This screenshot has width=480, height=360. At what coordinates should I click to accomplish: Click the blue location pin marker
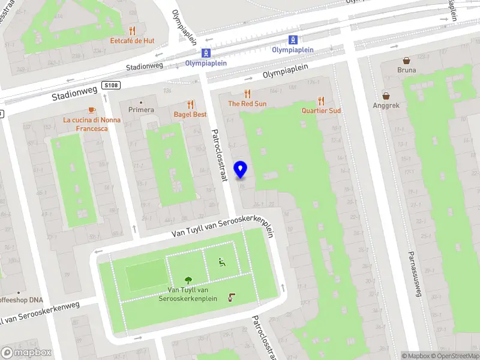tap(241, 170)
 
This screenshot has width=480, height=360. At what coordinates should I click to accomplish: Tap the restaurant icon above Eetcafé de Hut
tap(133, 31)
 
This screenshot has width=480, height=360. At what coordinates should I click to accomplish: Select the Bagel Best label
tap(190, 114)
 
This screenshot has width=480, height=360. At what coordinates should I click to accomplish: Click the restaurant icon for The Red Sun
tap(247, 94)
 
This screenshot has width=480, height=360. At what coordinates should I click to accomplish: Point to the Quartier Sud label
tap(321, 110)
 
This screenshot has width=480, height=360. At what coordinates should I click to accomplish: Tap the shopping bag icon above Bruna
tap(406, 60)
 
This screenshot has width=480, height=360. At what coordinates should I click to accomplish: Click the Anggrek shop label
tap(385, 105)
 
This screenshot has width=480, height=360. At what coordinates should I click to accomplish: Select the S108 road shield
tap(111, 85)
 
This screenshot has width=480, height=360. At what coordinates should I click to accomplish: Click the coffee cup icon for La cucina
tap(91, 110)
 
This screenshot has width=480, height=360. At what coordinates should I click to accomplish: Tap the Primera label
tap(141, 110)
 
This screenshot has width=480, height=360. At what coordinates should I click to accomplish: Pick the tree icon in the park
tap(188, 280)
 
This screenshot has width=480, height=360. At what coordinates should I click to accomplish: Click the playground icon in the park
tap(221, 262)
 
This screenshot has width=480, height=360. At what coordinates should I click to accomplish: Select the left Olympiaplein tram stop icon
tap(206, 53)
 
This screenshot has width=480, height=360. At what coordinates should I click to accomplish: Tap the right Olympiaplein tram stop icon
tap(293, 40)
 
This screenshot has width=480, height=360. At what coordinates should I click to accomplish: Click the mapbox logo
tap(26, 353)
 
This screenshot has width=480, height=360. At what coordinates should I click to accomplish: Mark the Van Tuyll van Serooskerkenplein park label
tap(188, 295)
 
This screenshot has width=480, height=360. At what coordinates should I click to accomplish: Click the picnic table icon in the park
tap(232, 297)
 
